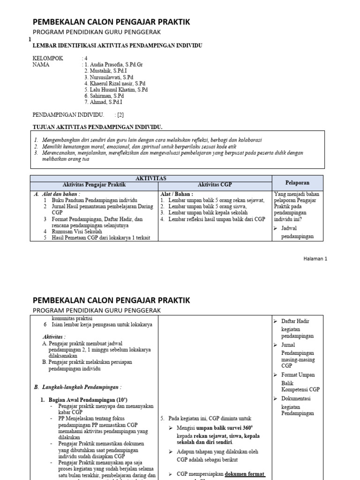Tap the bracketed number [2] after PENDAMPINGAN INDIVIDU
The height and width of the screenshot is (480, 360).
tap(120, 114)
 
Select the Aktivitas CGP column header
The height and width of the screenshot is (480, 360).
tap(215, 185)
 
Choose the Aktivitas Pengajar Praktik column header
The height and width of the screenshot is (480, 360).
tap(94, 185)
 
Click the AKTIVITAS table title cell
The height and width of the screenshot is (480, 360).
tap(151, 179)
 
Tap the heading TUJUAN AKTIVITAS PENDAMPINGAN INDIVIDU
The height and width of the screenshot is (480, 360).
tap(97, 127)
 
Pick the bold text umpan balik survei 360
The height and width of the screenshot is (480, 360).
tap(220, 428)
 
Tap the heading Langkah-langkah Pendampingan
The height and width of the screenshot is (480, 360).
tap(77, 387)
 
